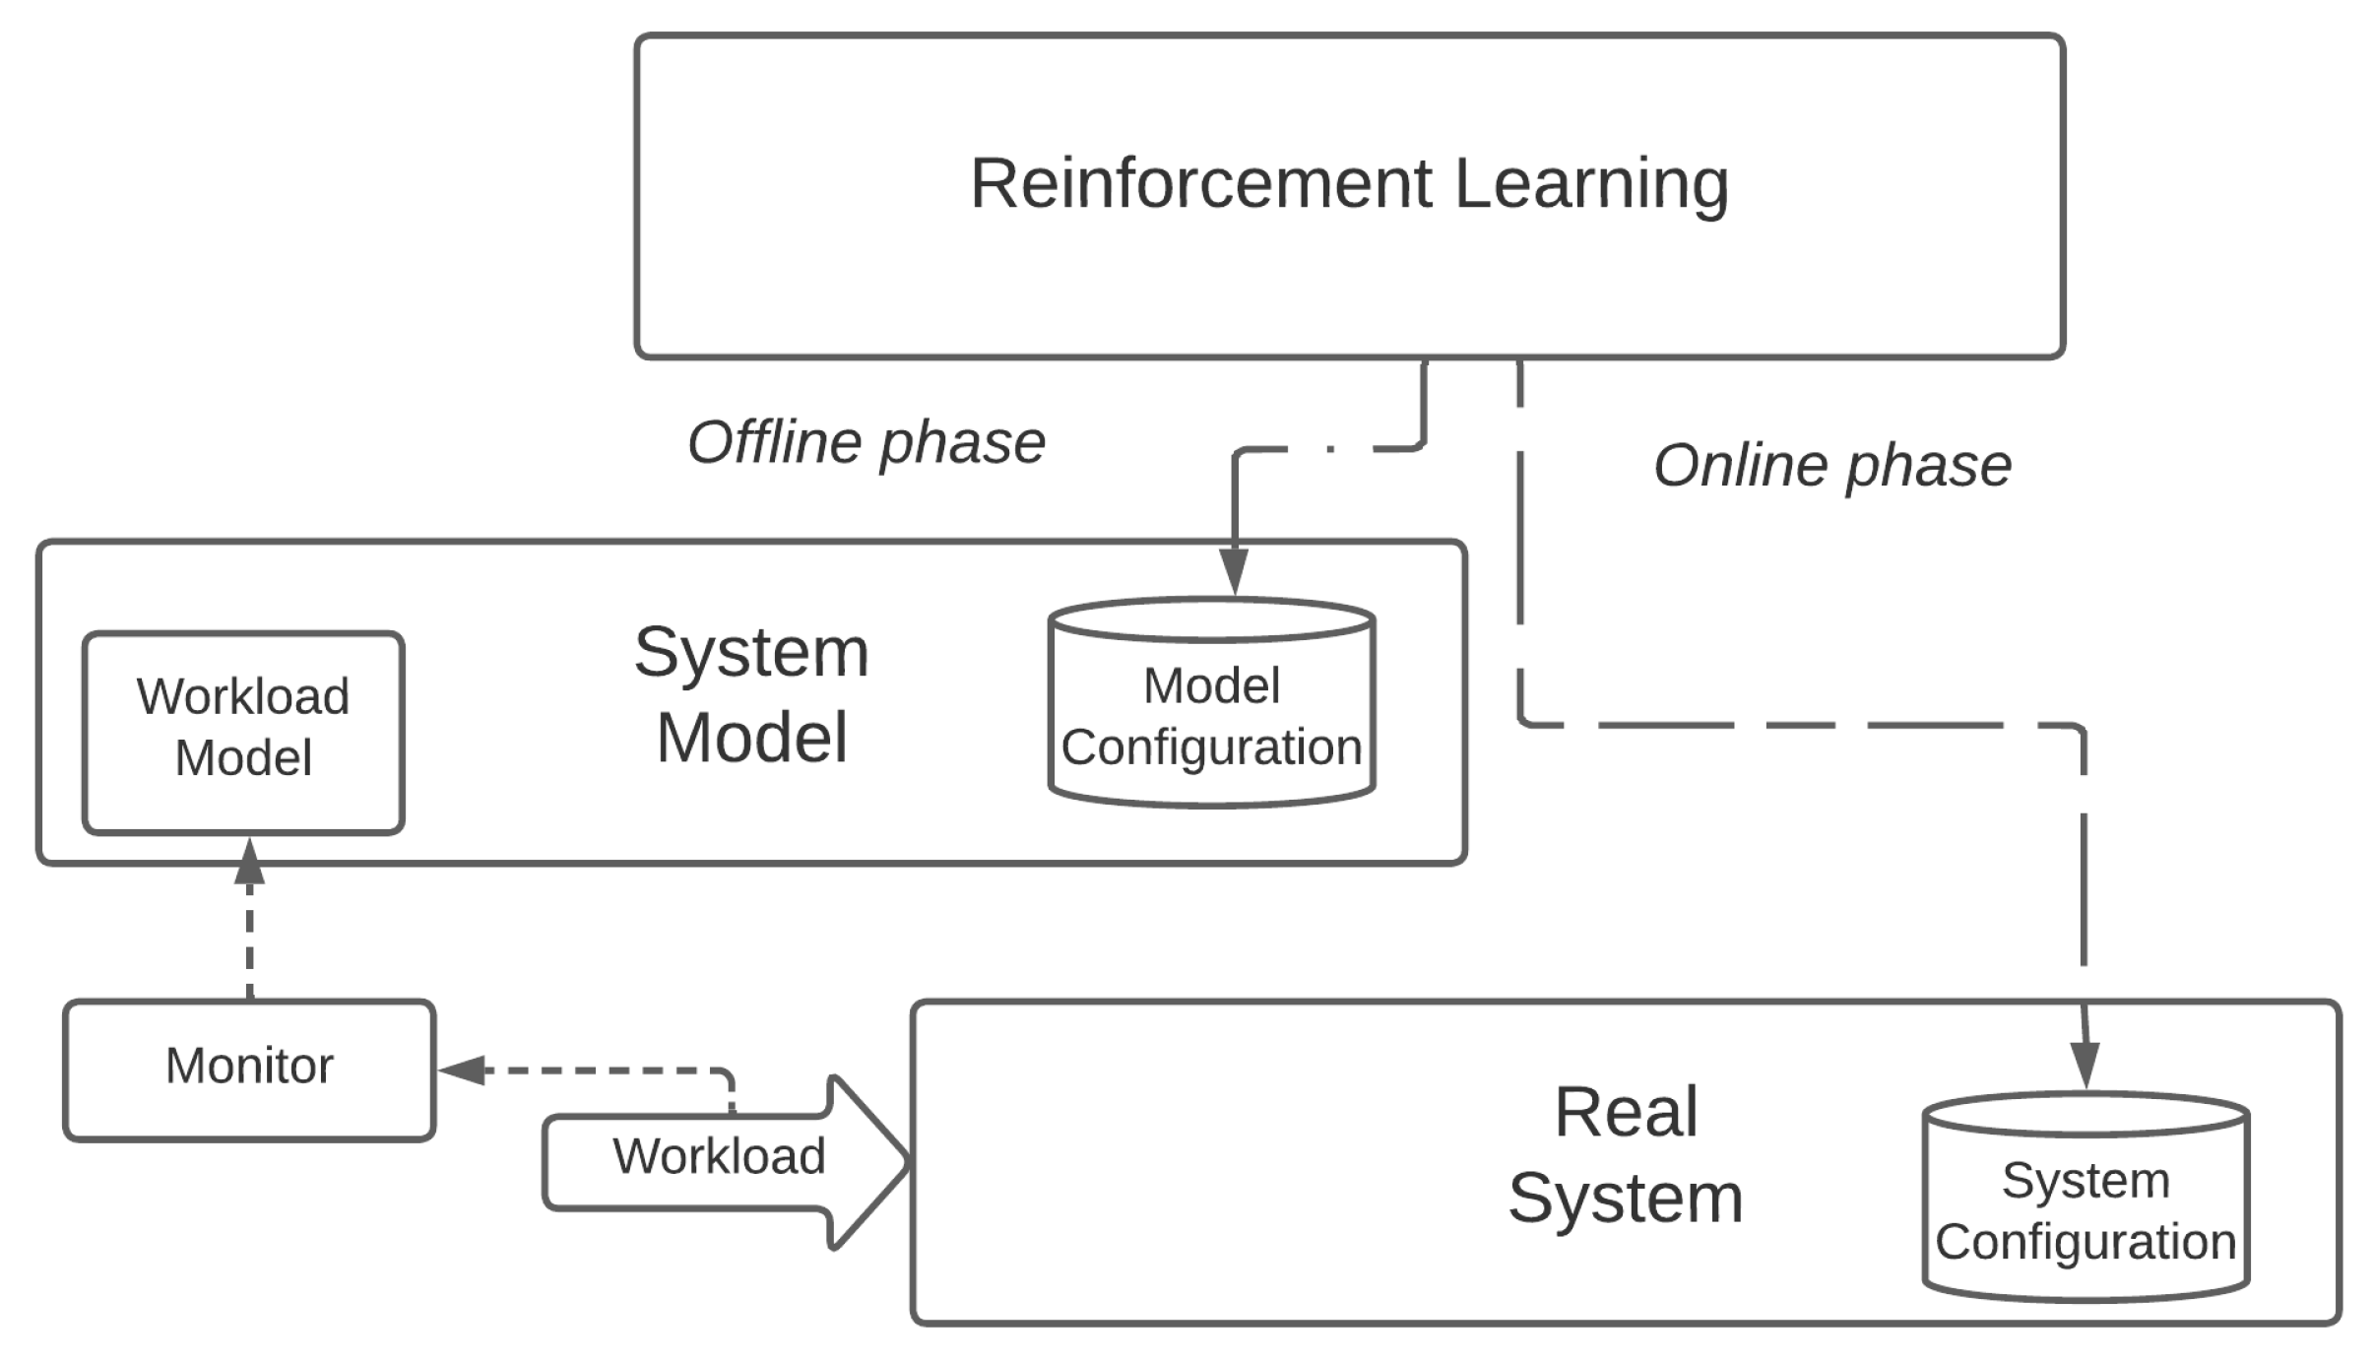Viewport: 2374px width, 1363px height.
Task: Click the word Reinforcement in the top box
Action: coord(1199,184)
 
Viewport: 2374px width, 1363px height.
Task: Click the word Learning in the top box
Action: coord(1590,184)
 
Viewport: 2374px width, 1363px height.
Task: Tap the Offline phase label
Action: coord(866,443)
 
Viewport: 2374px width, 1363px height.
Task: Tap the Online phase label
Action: coord(1831,466)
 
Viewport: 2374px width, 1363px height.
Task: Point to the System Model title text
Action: coord(751,694)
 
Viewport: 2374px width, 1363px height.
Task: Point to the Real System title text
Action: coord(1626,1155)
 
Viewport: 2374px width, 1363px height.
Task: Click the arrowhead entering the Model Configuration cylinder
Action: coord(1234,573)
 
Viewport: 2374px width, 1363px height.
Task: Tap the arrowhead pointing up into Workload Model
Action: coord(250,862)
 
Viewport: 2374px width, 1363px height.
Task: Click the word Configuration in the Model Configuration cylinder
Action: coord(1211,747)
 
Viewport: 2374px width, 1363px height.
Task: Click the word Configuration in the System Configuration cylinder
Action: coord(2085,1242)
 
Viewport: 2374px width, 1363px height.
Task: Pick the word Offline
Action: coord(774,443)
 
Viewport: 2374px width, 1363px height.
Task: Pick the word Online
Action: coord(1739,466)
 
